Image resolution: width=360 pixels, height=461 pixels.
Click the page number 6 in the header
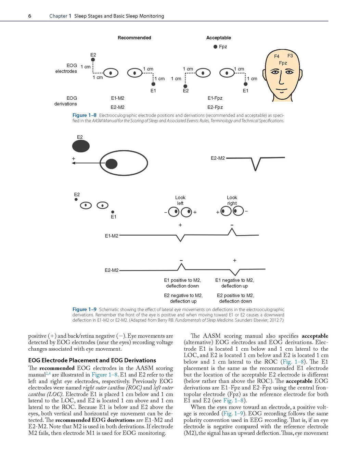click(30, 16)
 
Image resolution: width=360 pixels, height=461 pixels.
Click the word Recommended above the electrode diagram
click(134, 38)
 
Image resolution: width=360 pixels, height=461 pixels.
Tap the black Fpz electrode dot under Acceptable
click(215, 47)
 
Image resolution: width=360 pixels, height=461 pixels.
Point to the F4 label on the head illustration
click(277, 57)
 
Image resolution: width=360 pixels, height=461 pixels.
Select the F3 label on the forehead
click(290, 55)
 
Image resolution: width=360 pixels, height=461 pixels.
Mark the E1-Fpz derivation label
click(215, 98)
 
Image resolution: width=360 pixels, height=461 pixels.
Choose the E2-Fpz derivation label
click(215, 107)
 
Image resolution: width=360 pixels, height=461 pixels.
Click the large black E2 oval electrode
click(81, 146)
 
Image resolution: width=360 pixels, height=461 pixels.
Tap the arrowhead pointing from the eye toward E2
click(73, 163)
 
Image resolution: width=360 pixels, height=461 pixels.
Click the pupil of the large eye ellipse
click(112, 164)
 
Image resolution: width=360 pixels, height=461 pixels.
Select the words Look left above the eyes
click(180, 200)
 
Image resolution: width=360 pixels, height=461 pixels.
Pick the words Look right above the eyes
click(232, 200)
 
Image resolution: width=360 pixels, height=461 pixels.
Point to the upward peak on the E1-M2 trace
click(232, 228)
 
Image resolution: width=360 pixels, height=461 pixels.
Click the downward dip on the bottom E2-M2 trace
click(235, 275)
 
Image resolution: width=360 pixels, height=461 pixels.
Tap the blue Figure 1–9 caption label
click(84, 309)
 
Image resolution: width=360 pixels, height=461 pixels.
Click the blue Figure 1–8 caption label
click(84, 115)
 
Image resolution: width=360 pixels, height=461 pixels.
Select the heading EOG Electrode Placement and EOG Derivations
click(92, 360)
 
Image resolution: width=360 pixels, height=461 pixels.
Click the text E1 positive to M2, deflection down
click(182, 283)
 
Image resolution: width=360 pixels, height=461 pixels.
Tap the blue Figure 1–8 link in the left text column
click(104, 375)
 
